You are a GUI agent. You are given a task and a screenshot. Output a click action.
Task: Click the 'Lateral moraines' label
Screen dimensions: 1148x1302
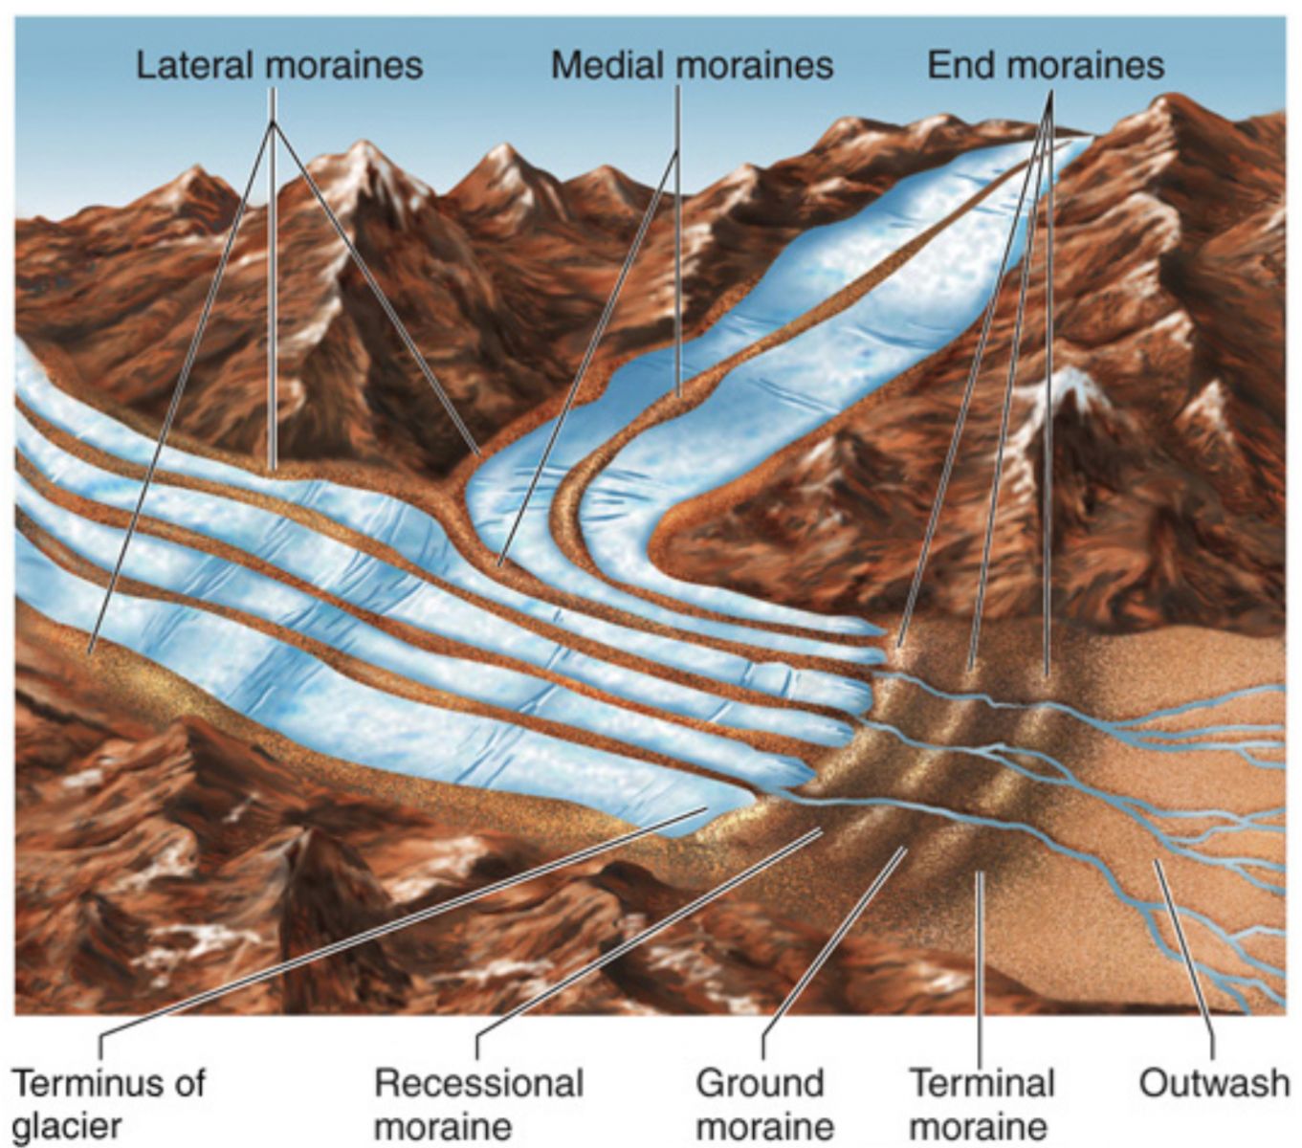coord(278,66)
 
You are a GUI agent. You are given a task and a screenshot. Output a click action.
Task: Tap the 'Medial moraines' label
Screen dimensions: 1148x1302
coord(692,66)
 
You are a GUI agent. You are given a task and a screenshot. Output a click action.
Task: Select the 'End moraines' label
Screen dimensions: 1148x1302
coord(1045,66)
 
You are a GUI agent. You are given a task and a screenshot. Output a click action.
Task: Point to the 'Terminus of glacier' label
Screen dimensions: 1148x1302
coord(108,1103)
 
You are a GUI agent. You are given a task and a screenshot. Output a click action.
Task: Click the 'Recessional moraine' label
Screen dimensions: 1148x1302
coord(478,1104)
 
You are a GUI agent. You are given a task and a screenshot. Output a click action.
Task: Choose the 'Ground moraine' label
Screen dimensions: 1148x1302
coord(763,1104)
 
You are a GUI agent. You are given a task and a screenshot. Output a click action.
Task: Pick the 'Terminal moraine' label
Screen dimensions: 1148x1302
coord(981,1104)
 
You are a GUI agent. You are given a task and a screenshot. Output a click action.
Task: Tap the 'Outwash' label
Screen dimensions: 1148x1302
coord(1213,1084)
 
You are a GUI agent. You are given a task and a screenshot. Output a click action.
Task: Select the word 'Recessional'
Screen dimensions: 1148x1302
coord(478,1084)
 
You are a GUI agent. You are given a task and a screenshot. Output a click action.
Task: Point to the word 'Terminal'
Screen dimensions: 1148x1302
coord(981,1084)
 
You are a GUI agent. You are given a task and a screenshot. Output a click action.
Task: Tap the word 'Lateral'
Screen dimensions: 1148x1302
coord(195,66)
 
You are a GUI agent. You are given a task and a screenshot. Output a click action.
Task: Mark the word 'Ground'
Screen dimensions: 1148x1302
coord(760,1084)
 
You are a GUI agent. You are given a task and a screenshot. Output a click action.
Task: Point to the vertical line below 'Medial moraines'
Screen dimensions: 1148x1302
coord(678,239)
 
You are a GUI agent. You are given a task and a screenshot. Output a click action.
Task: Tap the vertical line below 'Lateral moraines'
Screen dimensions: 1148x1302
coord(273,287)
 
